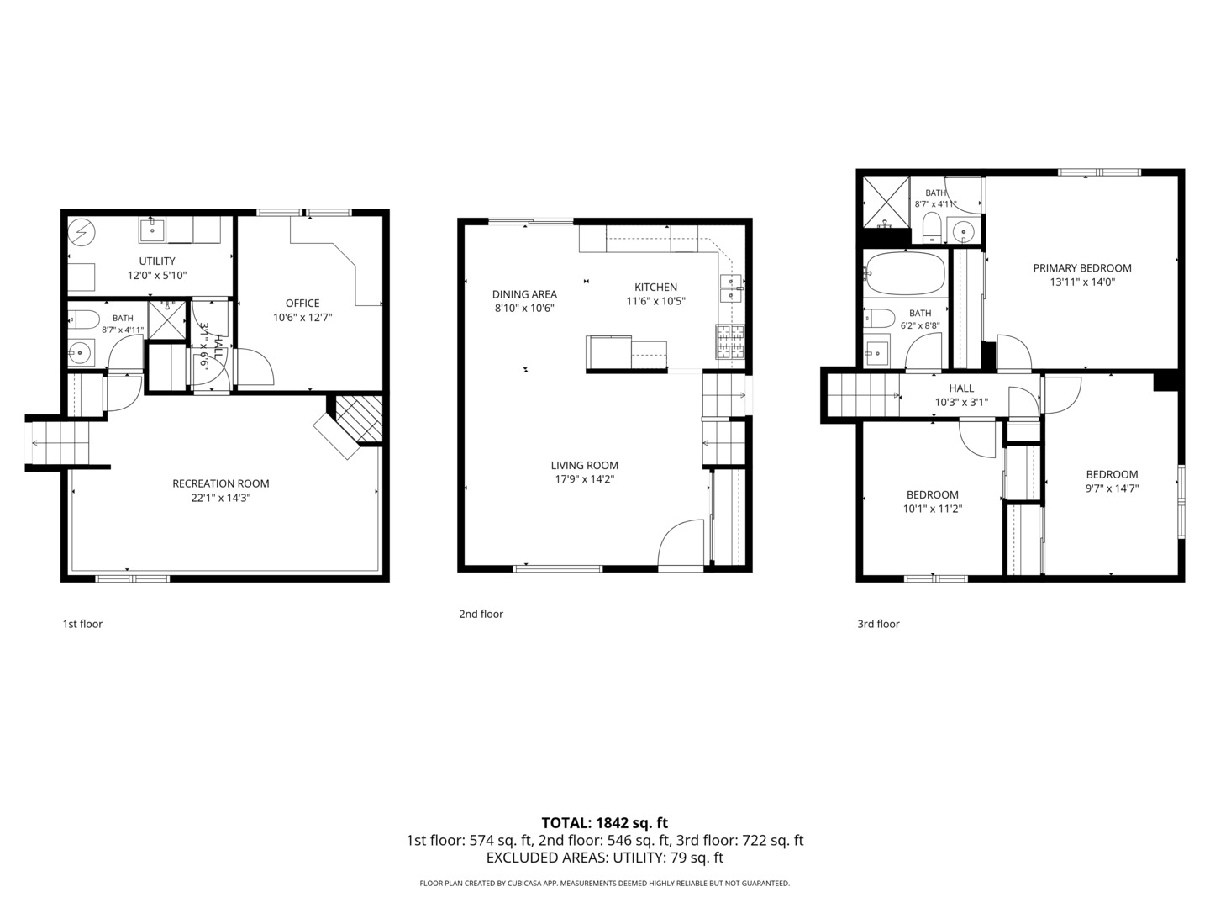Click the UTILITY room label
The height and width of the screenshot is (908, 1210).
click(157, 261)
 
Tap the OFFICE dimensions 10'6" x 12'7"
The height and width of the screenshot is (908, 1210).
click(302, 318)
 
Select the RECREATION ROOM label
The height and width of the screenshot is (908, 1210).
click(220, 483)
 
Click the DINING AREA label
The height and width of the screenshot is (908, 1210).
click(524, 294)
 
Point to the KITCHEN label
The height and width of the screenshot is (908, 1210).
click(655, 287)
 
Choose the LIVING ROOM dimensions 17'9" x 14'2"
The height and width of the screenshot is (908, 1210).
click(584, 479)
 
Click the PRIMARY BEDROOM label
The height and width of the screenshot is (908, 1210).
click(1082, 268)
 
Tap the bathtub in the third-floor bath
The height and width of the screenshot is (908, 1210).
click(904, 273)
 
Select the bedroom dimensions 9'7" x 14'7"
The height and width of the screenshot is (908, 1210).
click(1112, 488)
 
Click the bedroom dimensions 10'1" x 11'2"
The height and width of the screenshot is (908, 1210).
click(932, 509)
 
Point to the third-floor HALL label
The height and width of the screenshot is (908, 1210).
click(961, 388)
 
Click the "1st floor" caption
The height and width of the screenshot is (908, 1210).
click(82, 624)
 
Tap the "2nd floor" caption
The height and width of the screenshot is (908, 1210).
click(481, 614)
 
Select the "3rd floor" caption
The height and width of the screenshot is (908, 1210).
click(878, 624)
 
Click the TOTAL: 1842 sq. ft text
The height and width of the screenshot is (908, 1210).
click(605, 822)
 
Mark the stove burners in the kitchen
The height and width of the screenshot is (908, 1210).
click(730, 341)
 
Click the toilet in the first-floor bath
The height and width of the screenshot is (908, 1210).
click(84, 319)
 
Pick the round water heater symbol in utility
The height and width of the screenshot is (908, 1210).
click(82, 234)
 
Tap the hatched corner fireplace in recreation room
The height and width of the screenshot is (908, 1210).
click(358, 419)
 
